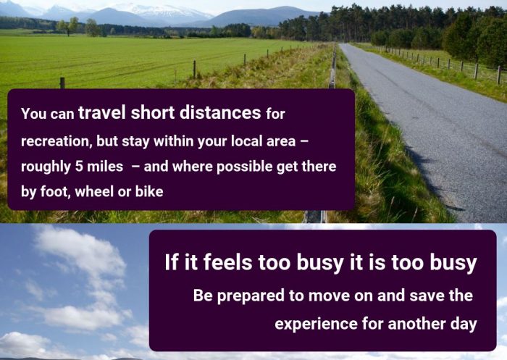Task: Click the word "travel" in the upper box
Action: (102, 112)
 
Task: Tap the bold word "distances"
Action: (220, 112)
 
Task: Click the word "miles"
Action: (105, 167)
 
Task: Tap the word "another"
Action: (416, 324)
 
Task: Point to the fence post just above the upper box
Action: (62, 83)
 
